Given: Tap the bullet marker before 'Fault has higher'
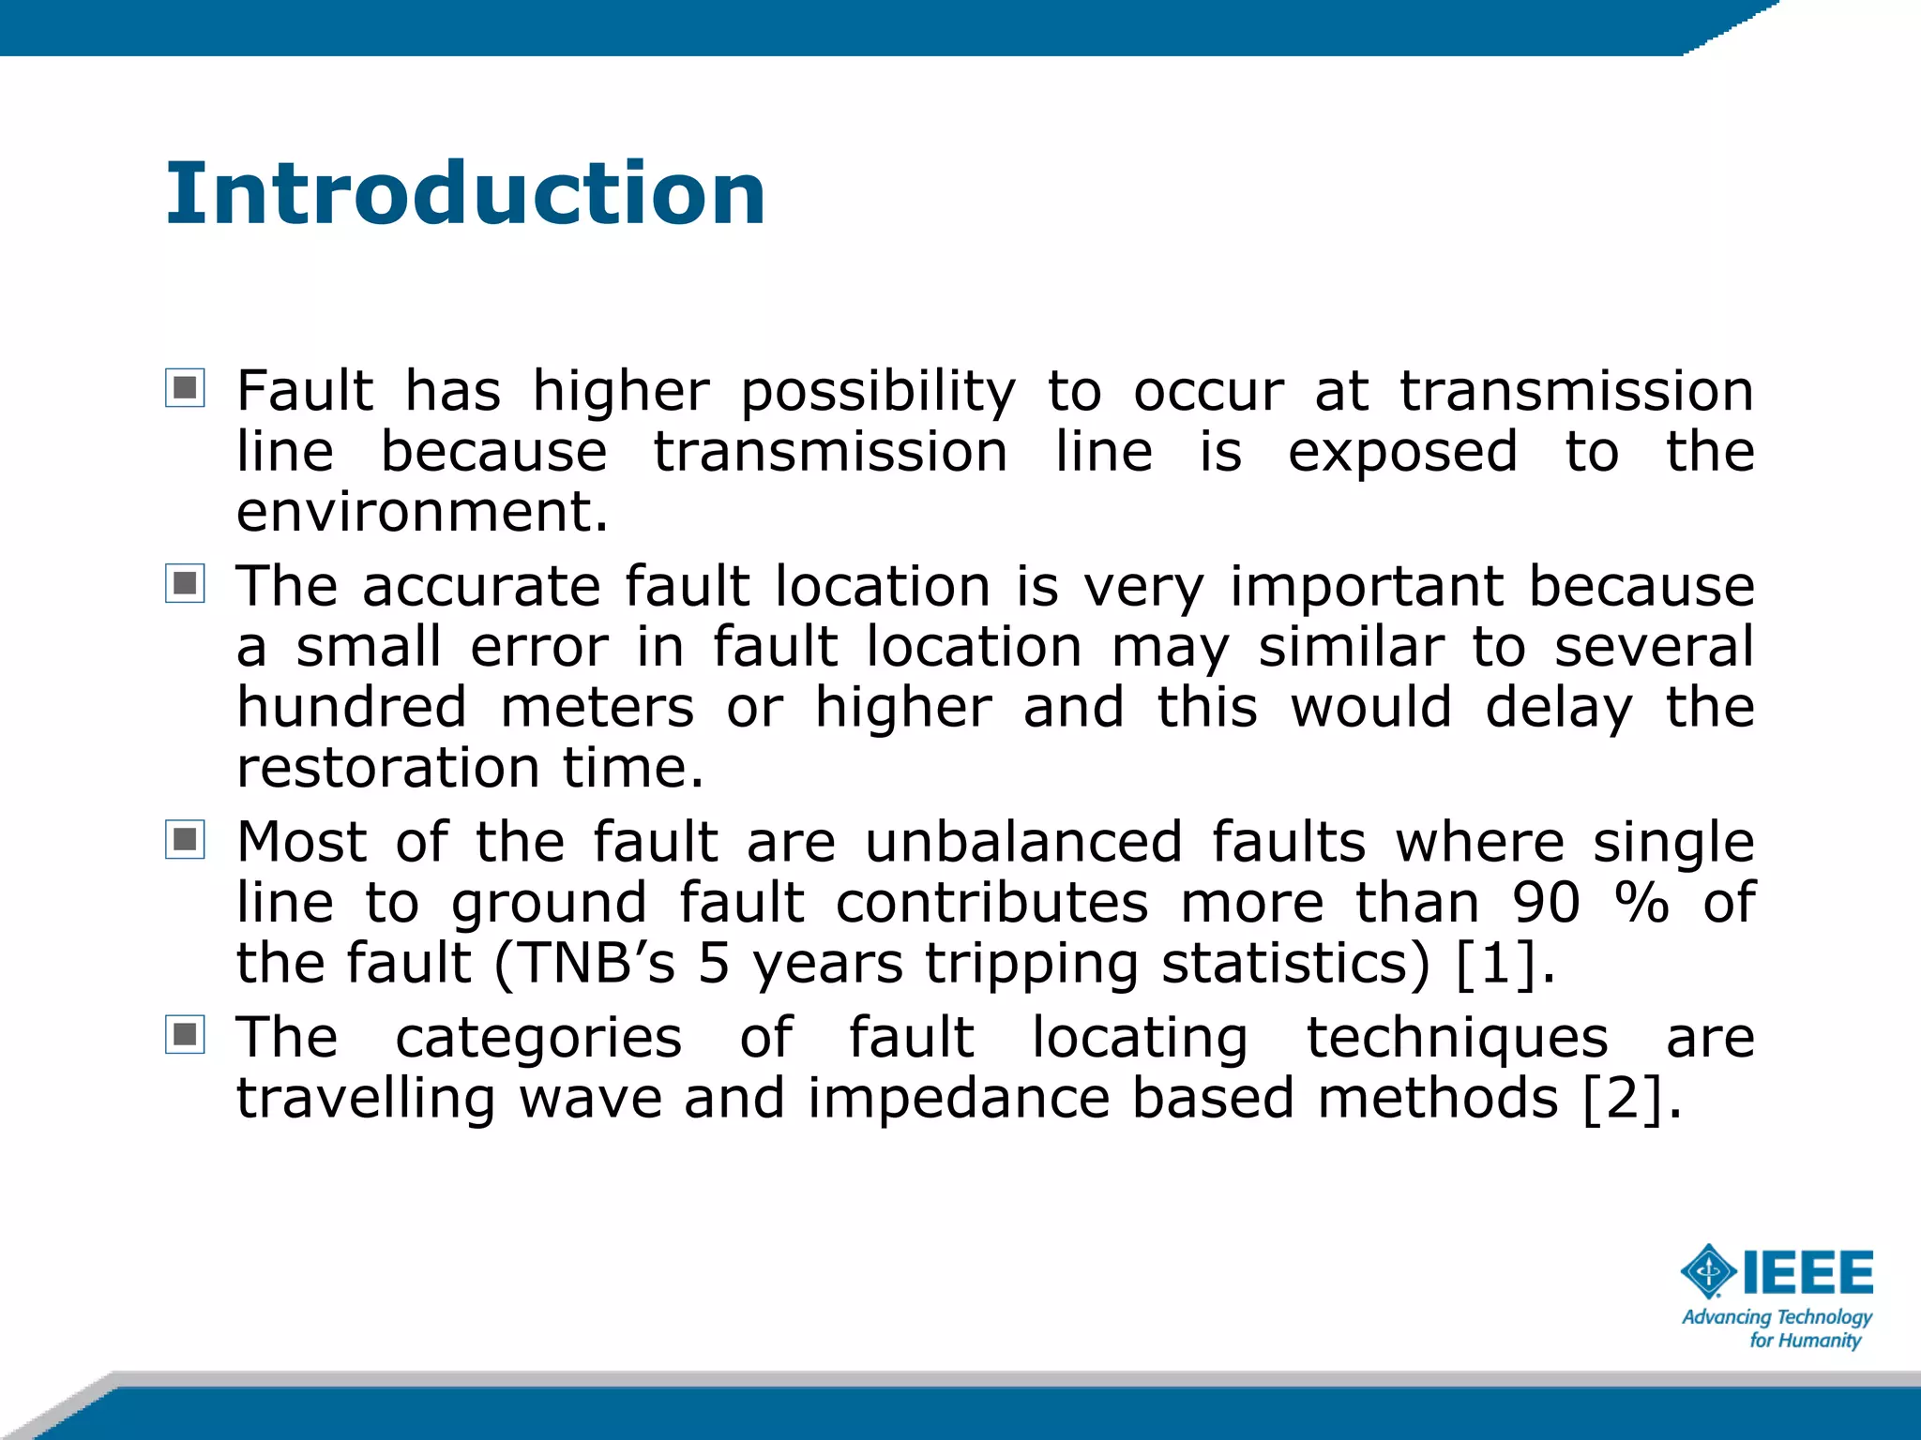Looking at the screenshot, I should pyautogui.click(x=185, y=387).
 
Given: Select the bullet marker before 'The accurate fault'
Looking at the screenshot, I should pyautogui.click(x=185, y=583).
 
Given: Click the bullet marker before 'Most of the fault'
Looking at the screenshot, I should pyautogui.click(x=185, y=839).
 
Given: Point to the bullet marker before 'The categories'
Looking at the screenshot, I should pyautogui.click(x=185, y=1034).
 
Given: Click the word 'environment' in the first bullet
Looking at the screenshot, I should pyautogui.click(x=414, y=513).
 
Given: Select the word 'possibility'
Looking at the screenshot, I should pyautogui.click(x=878, y=392).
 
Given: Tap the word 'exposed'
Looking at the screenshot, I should pyautogui.click(x=1402, y=453).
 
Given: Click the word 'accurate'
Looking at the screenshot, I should pyautogui.click(x=481, y=587).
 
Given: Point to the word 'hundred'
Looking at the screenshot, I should pyautogui.click(x=352, y=707).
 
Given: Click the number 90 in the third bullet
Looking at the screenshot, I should pyautogui.click(x=1546, y=903).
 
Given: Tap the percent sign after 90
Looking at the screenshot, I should pyautogui.click(x=1641, y=903).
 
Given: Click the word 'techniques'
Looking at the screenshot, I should pyautogui.click(x=1458, y=1039).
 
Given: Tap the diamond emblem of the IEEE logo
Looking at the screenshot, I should pyautogui.click(x=1709, y=1272).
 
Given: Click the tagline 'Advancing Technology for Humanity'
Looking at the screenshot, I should pyautogui.click(x=1777, y=1328).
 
